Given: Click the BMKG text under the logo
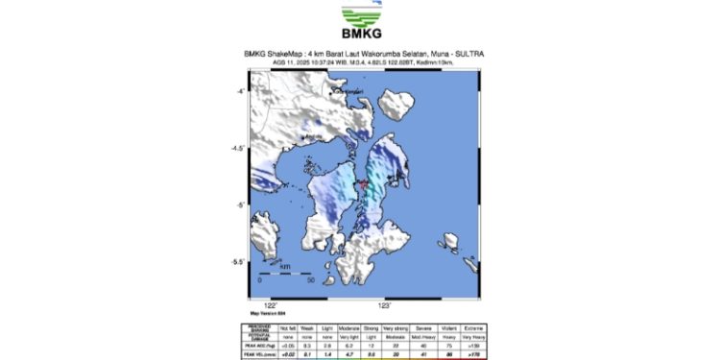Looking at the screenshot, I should (360, 39).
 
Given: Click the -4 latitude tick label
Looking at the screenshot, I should (243, 91).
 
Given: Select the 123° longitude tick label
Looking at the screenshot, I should (385, 305).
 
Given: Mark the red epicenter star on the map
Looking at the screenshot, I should (364, 184).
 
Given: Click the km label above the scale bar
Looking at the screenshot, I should (285, 266).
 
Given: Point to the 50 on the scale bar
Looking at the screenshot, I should (310, 281).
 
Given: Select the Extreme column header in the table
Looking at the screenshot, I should (469, 327).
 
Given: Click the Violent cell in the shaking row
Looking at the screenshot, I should (445, 327).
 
